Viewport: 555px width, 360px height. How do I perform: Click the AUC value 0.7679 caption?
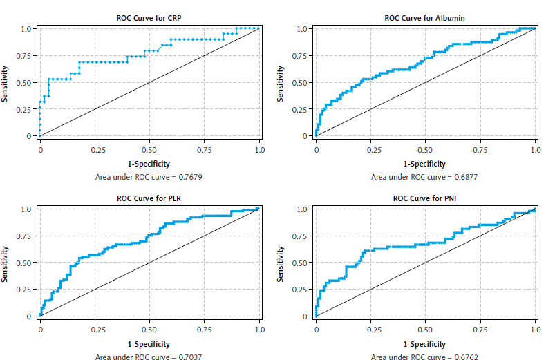149,177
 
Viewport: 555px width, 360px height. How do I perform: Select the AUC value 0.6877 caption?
426,177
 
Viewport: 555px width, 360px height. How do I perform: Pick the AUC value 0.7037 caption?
149,357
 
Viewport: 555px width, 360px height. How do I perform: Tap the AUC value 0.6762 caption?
426,357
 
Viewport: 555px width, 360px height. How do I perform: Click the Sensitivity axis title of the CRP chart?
6,82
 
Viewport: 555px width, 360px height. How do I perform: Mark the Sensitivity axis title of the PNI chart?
281,263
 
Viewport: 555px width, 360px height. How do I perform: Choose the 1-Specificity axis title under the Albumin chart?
426,164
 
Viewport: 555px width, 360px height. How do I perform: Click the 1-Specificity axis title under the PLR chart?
149,343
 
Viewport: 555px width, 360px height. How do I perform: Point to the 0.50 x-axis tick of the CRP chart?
149,149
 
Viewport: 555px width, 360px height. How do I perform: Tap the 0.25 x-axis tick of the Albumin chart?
371,149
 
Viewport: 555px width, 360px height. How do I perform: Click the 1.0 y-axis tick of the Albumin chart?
302,29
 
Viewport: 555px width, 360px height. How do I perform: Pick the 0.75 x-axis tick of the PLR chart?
205,330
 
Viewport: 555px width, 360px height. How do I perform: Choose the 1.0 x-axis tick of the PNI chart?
535,330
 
